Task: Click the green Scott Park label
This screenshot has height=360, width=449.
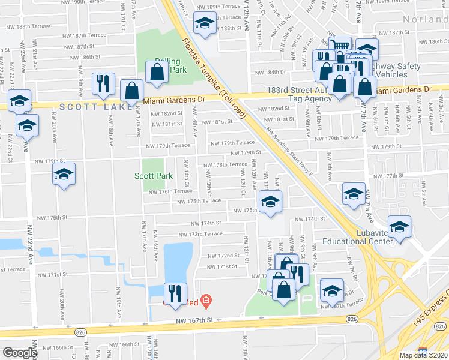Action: pyautogui.click(x=154, y=176)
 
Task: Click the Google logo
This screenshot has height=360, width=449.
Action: pyautogui.click(x=20, y=353)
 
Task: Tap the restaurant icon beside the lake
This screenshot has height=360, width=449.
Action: pyautogui.click(x=175, y=293)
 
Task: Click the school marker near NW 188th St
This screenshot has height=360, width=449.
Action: pyautogui.click(x=205, y=24)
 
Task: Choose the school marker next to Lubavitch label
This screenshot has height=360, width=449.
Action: pyautogui.click(x=399, y=227)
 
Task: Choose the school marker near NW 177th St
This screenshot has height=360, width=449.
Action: pyautogui.click(x=354, y=194)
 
